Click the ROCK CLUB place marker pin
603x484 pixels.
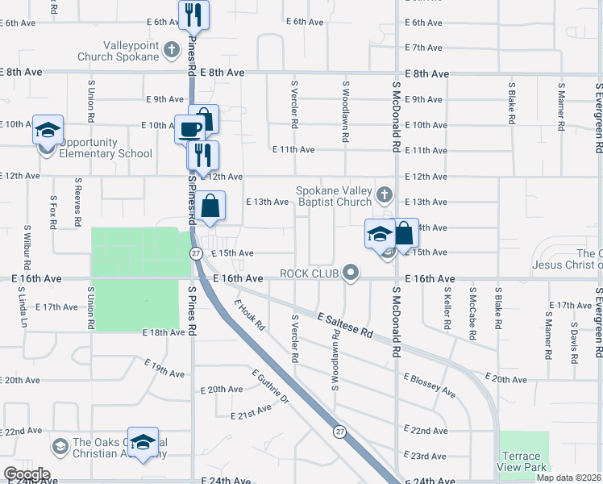coord(350,273)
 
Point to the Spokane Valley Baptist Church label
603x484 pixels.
coord(334,196)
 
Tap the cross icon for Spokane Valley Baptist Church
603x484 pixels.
coord(385,194)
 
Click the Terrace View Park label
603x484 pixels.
coord(523,462)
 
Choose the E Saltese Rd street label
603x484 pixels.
coord(345,326)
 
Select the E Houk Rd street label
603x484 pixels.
coord(249,315)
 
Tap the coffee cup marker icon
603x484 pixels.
coord(190,129)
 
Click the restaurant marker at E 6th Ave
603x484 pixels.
coord(193,15)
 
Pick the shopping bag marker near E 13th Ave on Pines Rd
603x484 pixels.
coord(210,206)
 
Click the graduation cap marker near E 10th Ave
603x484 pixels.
coord(48,130)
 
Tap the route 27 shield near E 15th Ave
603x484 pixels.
coord(196,253)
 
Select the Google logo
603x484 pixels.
coord(26,474)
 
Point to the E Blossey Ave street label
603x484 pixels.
coord(429,384)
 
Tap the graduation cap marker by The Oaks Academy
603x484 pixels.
coord(143,443)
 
